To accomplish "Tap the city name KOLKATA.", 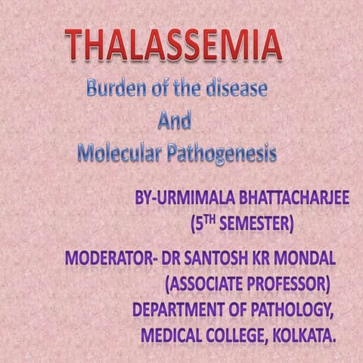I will tap(308, 334).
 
